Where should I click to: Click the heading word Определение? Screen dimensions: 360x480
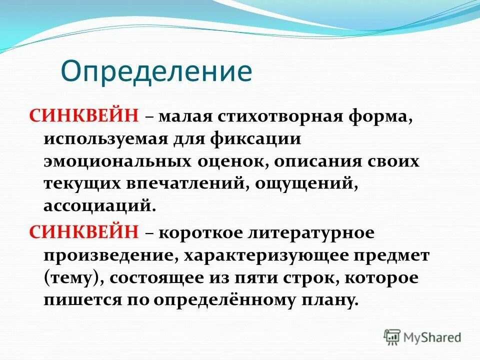point(156,70)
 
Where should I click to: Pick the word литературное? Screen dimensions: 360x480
point(316,233)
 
